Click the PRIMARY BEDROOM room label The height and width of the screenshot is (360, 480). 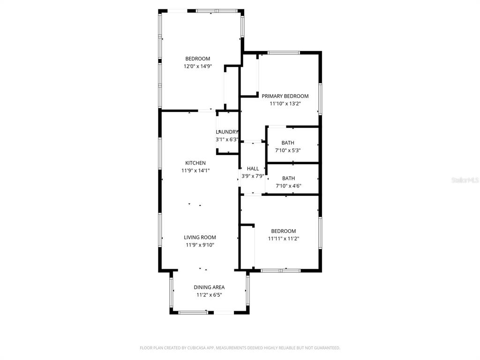tap(285, 96)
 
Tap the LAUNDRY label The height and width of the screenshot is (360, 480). tap(227, 132)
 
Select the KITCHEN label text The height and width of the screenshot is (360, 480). tap(195, 163)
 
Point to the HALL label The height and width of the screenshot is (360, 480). tap(253, 169)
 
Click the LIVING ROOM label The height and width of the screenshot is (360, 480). tap(200, 238)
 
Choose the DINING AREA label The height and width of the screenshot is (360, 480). tap(209, 287)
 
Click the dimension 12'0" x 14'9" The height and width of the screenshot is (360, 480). tap(197, 67)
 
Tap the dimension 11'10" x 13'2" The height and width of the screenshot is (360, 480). tap(285, 104)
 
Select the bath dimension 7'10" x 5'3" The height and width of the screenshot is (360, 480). tap(287, 150)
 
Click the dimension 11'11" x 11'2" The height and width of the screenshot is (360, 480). tap(283, 239)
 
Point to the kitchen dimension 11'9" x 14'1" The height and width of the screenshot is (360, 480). tap(195, 171)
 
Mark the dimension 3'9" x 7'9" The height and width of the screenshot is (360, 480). tap(253, 176)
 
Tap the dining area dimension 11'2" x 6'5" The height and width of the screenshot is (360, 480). tap(209, 295)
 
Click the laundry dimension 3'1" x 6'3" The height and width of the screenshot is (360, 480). tap(227, 139)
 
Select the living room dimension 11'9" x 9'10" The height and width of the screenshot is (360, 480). tap(200, 245)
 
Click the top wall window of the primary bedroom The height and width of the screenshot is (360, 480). tap(284, 52)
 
